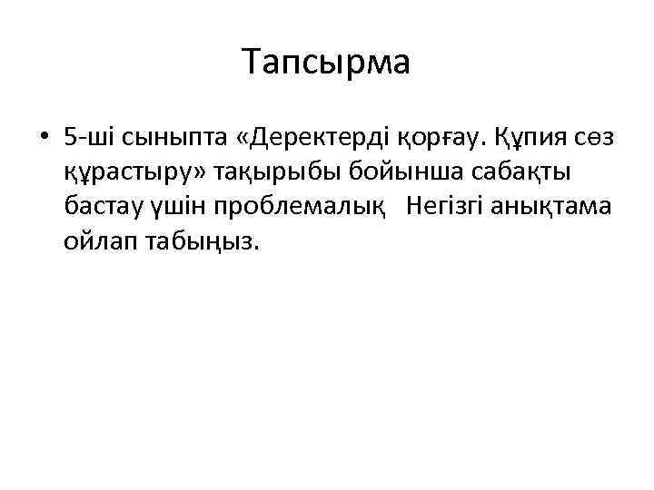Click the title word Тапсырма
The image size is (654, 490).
tap(327, 62)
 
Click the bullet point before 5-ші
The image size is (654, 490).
tap(44, 139)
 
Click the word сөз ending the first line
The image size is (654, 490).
tap(595, 139)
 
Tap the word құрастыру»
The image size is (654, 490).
tap(122, 172)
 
